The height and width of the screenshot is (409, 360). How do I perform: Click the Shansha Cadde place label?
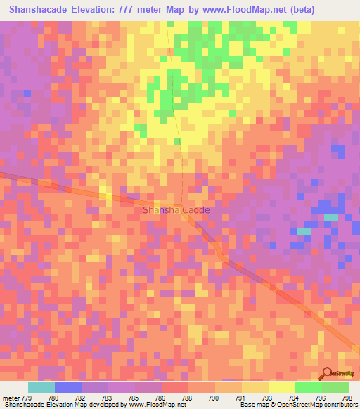point(176,209)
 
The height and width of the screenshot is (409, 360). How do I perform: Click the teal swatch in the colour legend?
point(41,387)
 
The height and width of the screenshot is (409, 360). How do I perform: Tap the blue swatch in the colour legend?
point(68,387)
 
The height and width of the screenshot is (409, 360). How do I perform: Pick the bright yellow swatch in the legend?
point(282,387)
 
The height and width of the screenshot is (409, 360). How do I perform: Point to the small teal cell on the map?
point(304,231)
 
